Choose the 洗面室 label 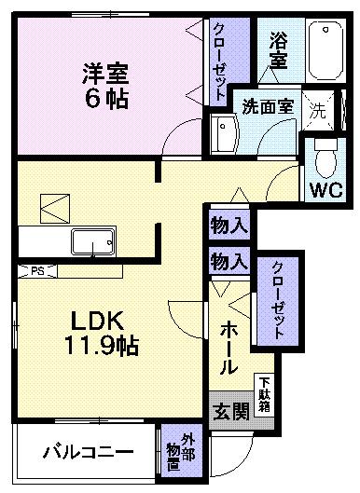[x=268, y=105]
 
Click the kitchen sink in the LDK [x=92, y=242]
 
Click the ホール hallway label [x=229, y=348]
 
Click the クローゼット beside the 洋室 [x=218, y=62]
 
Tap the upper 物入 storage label [x=229, y=226]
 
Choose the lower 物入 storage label [x=229, y=261]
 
